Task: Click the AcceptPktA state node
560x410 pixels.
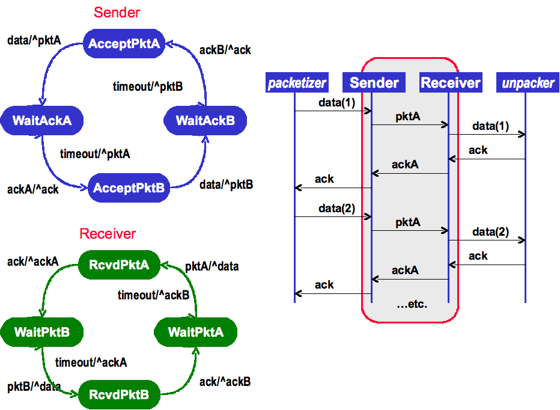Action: (x=124, y=43)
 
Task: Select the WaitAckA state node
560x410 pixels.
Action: (x=42, y=120)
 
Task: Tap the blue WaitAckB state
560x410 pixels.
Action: (x=205, y=121)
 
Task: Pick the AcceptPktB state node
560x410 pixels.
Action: (x=129, y=188)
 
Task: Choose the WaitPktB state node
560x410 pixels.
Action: (x=42, y=332)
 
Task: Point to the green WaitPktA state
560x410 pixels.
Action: (x=196, y=332)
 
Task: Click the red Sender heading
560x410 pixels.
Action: (x=117, y=12)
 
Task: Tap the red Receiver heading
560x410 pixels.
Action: (x=108, y=234)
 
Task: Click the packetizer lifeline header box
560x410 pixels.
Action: (x=297, y=83)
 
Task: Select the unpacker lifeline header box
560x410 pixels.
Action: (x=528, y=83)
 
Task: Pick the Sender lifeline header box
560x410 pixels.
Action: (x=374, y=83)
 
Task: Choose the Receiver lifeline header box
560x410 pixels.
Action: (x=451, y=83)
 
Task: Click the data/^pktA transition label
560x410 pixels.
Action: (x=34, y=41)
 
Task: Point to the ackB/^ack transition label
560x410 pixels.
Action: (x=225, y=50)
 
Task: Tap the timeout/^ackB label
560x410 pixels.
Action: (x=154, y=295)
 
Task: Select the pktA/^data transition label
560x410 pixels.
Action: (x=212, y=266)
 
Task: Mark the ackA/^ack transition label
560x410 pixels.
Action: (x=33, y=189)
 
